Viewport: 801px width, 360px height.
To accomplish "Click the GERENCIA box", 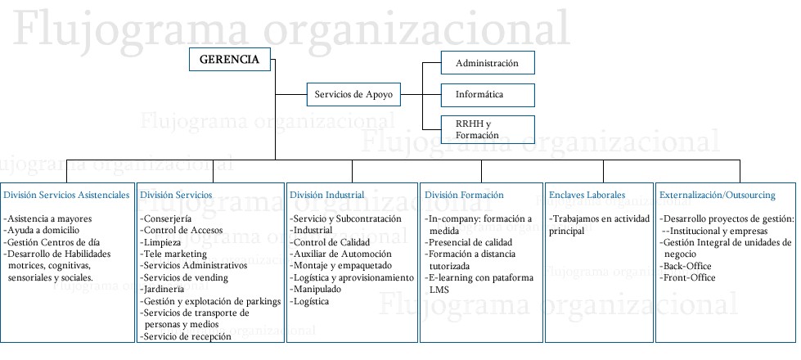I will (231, 60).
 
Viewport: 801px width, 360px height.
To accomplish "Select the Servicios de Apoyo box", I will (353, 95).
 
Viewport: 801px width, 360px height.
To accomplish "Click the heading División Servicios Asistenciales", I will (66, 196).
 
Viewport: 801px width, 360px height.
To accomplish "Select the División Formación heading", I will (464, 196).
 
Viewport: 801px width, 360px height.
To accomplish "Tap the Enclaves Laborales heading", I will (587, 196).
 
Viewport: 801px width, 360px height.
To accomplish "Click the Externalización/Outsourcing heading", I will (717, 196).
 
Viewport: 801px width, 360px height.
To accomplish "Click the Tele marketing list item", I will (174, 254).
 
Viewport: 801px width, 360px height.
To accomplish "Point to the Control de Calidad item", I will (330, 242).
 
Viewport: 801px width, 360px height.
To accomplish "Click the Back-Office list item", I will (687, 266).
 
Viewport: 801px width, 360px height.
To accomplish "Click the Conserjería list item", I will (167, 219).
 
